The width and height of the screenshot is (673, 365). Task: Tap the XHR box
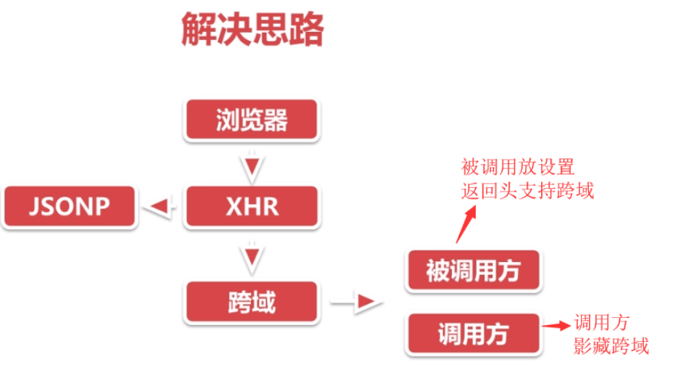point(252,206)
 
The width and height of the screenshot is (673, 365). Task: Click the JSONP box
point(70,206)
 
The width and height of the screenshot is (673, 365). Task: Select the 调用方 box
point(473,334)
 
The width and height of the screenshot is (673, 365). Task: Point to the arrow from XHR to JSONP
point(160,207)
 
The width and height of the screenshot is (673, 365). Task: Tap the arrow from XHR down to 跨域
point(251,254)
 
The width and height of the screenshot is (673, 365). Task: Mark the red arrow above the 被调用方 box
point(466,223)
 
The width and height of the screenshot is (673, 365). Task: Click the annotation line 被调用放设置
point(518,168)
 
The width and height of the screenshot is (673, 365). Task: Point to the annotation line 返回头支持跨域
point(527,192)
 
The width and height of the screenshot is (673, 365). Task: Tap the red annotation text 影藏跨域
point(611,345)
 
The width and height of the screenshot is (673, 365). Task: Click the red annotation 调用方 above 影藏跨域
point(601,322)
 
